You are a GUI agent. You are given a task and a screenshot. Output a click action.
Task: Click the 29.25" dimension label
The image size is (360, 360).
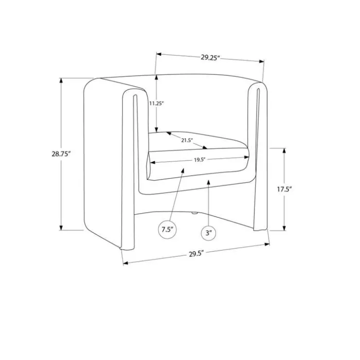211,57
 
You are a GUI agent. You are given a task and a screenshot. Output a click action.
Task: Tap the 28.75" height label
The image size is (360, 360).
61,154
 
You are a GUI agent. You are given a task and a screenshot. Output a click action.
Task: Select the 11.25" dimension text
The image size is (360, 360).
156,103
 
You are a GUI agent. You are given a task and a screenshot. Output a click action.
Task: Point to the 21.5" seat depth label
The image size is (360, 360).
187,140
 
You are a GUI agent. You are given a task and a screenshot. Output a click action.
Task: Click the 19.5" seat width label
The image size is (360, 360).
199,160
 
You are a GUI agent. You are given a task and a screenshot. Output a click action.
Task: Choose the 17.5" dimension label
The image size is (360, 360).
284,189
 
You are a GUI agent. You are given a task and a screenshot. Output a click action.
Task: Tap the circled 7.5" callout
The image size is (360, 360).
167,229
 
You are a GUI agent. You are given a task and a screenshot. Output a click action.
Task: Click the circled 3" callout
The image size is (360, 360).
209,233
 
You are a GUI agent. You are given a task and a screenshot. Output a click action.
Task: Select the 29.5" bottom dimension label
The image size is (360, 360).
197,254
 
